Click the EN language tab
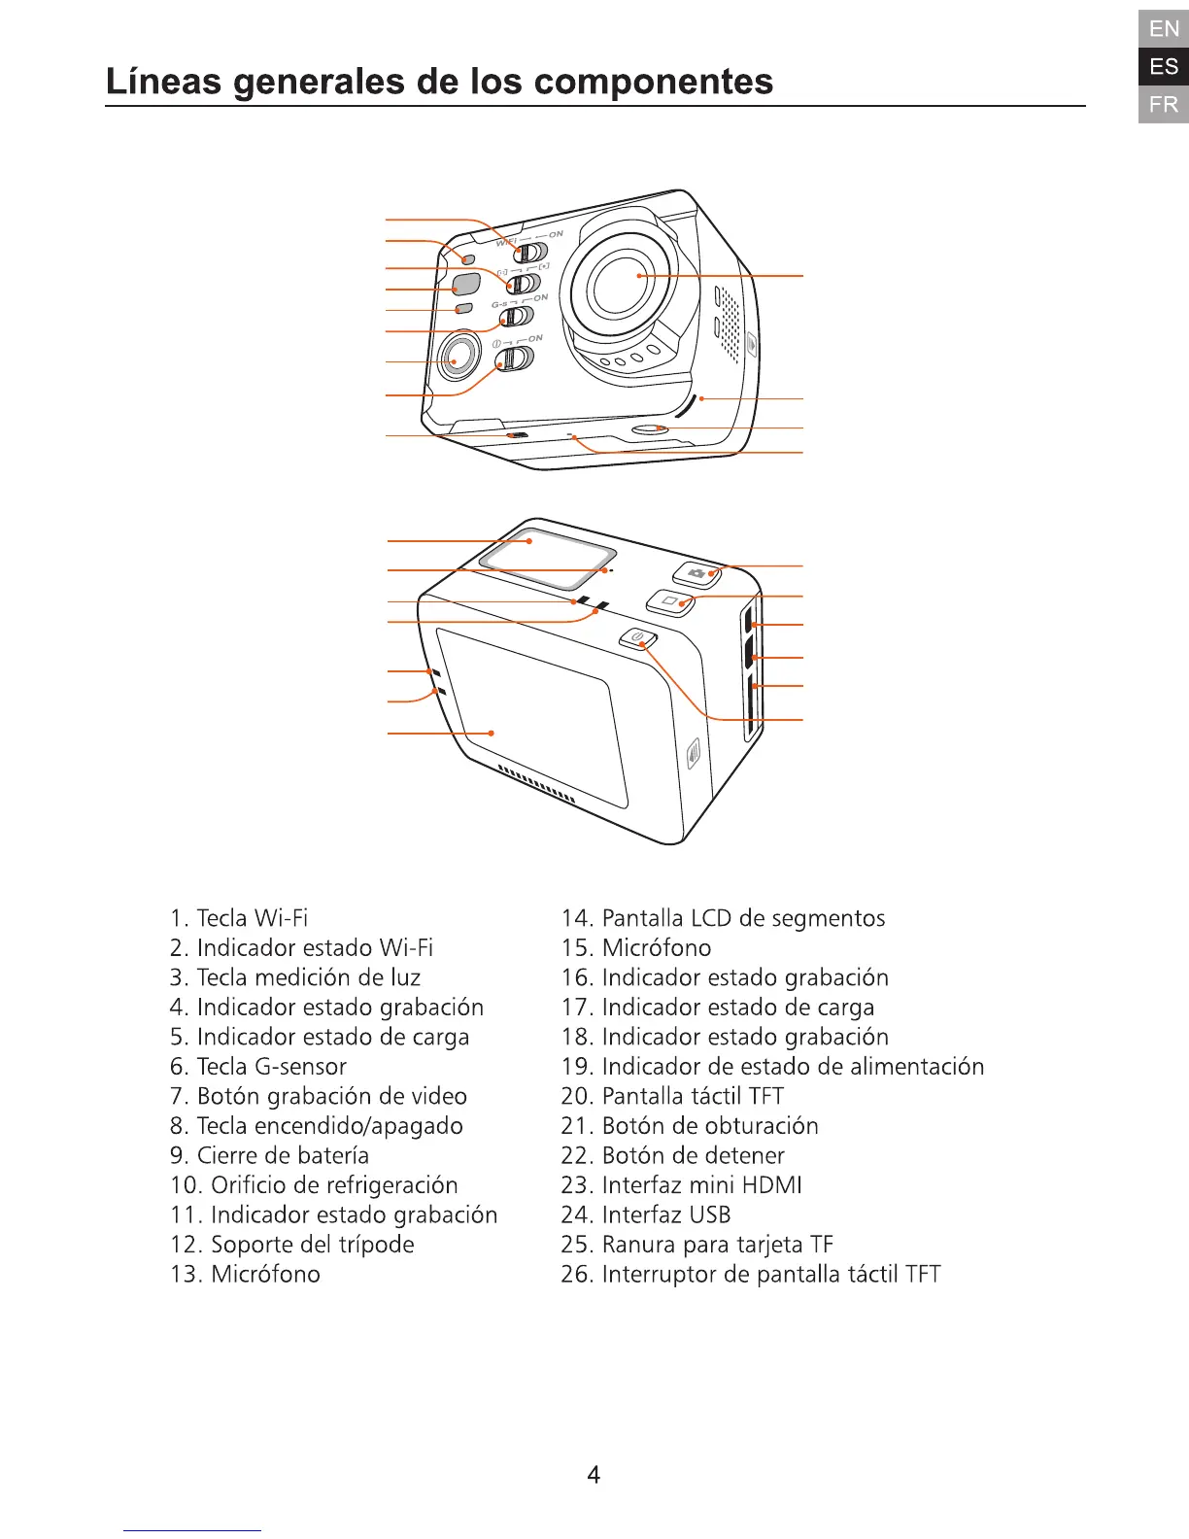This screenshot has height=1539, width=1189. click(x=1164, y=29)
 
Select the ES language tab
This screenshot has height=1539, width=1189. click(x=1164, y=67)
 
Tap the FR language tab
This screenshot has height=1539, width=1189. click(x=1164, y=104)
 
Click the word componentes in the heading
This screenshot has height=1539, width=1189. click(x=654, y=82)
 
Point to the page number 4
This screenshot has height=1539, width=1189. click(x=594, y=1475)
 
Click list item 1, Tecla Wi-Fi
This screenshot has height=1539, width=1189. click(x=239, y=918)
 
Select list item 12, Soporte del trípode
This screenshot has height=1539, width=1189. click(x=292, y=1245)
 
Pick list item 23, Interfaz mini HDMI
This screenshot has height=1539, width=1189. click(x=682, y=1185)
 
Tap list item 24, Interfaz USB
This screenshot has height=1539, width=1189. click(x=646, y=1214)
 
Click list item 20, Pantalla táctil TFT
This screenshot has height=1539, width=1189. click(x=672, y=1096)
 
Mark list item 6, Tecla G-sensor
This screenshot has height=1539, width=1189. click(x=258, y=1066)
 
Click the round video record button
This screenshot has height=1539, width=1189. click(x=458, y=359)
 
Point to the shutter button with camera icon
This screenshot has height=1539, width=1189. click(x=698, y=573)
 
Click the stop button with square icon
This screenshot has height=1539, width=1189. click(x=671, y=601)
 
